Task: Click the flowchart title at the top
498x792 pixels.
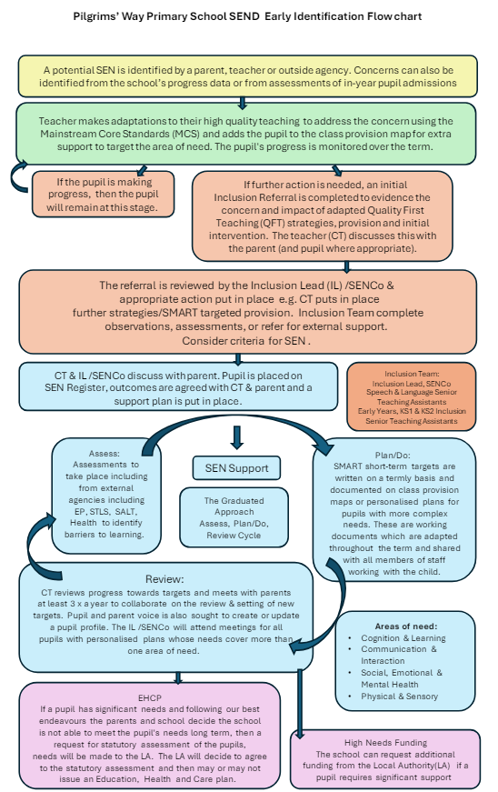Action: click(x=247, y=16)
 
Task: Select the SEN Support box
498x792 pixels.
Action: click(x=236, y=468)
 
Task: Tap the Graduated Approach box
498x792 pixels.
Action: click(x=234, y=517)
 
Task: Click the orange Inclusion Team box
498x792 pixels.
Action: click(x=412, y=397)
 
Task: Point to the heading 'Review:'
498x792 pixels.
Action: click(x=164, y=579)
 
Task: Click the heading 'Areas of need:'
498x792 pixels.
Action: click(x=405, y=627)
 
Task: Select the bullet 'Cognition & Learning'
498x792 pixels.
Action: click(x=403, y=638)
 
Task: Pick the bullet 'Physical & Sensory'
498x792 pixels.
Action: click(x=399, y=697)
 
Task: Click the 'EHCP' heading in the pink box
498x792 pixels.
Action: click(x=150, y=698)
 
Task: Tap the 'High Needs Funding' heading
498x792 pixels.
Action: click(x=385, y=743)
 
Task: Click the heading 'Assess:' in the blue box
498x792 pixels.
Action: click(x=104, y=454)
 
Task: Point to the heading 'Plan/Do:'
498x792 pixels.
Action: click(x=393, y=455)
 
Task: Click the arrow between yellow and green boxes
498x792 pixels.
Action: click(x=243, y=103)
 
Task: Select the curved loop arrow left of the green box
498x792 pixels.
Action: click(x=15, y=176)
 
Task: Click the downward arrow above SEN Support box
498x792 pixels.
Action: click(x=236, y=437)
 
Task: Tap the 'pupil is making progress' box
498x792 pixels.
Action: click(x=103, y=195)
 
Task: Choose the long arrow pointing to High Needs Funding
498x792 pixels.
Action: click(x=300, y=704)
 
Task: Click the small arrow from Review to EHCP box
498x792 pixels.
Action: click(x=177, y=677)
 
